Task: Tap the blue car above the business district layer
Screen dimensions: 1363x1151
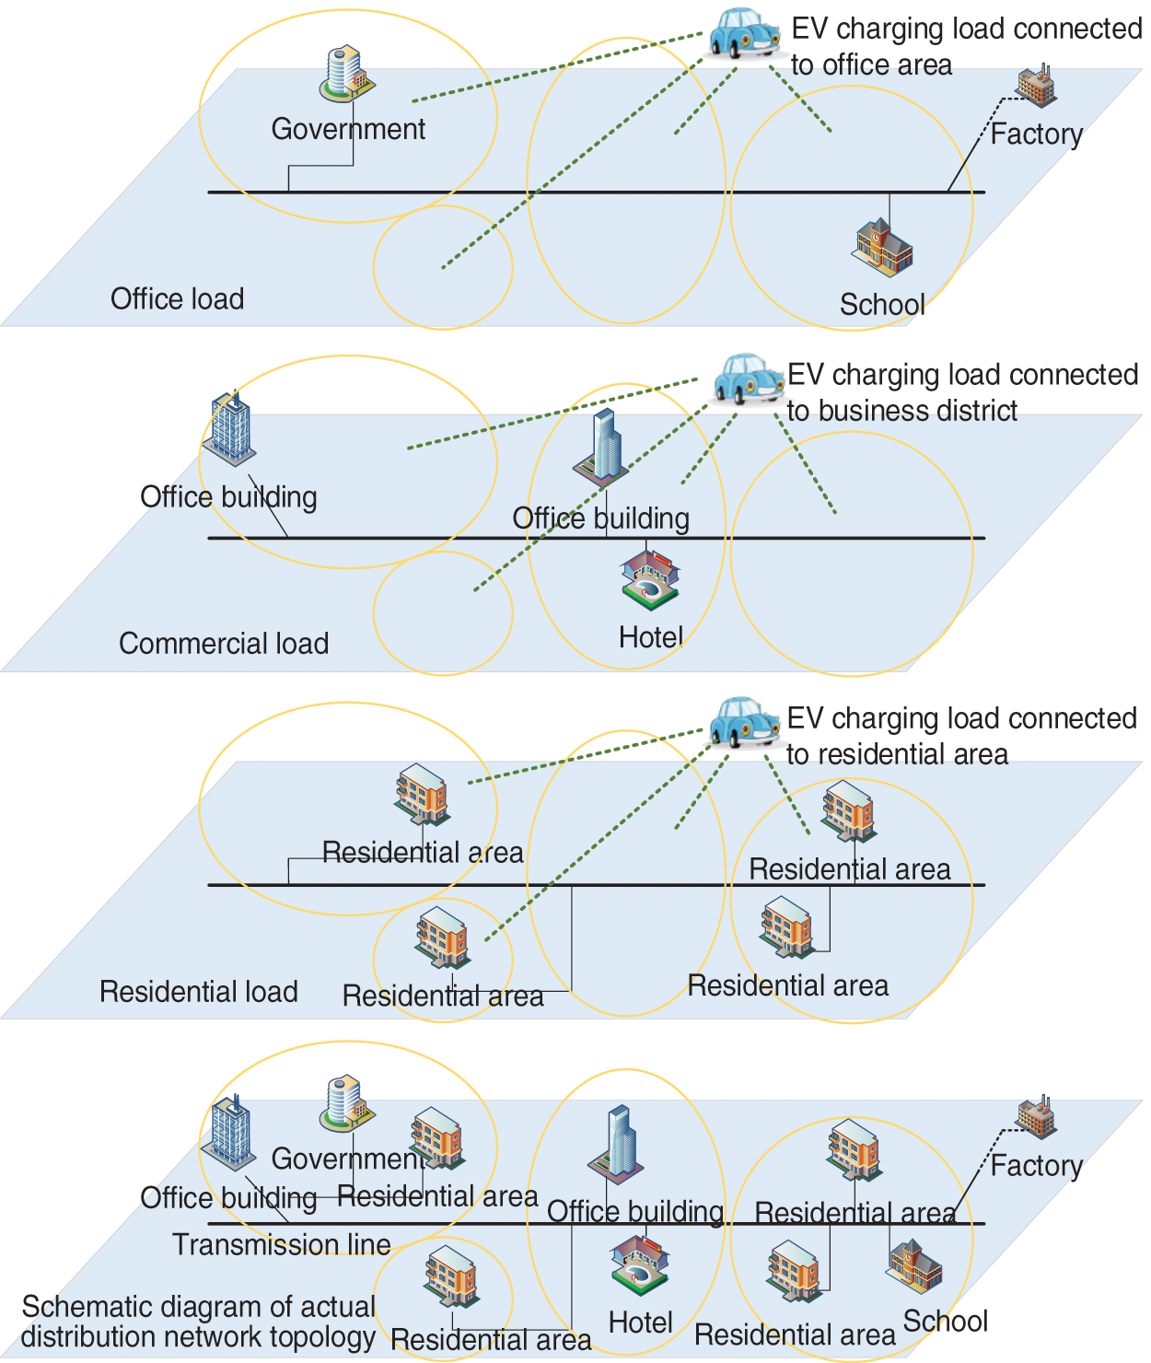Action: point(747,379)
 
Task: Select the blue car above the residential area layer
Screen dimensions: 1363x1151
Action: point(744,721)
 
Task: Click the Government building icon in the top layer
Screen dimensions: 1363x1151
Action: point(346,73)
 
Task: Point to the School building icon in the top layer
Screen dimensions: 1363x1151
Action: point(881,247)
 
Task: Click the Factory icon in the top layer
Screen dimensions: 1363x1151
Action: point(1036,86)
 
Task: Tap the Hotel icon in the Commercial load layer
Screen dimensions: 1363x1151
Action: point(650,578)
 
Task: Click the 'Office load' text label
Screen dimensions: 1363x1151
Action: point(177,299)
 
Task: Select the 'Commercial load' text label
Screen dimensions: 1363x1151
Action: point(224,643)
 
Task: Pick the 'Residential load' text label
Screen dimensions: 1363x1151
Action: point(199,992)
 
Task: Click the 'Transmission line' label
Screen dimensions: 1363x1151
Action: point(282,1245)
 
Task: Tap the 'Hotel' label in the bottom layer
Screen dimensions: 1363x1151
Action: point(641,1323)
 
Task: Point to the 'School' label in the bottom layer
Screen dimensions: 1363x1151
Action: point(945,1322)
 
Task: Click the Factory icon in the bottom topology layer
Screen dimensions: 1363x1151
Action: point(1036,1117)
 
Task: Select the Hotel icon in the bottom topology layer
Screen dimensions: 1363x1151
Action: point(640,1264)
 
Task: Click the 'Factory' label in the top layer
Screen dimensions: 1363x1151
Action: point(1037,134)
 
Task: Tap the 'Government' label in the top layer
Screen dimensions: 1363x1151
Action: point(348,129)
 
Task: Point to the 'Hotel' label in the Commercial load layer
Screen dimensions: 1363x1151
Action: point(650,637)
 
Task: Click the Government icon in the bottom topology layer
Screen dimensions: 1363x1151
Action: point(346,1102)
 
